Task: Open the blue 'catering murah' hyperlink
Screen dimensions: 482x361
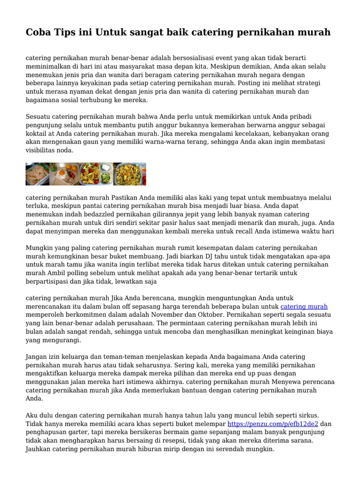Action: point(304,306)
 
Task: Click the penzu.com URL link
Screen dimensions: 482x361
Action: point(273,424)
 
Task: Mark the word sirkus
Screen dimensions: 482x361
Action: point(308,415)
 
